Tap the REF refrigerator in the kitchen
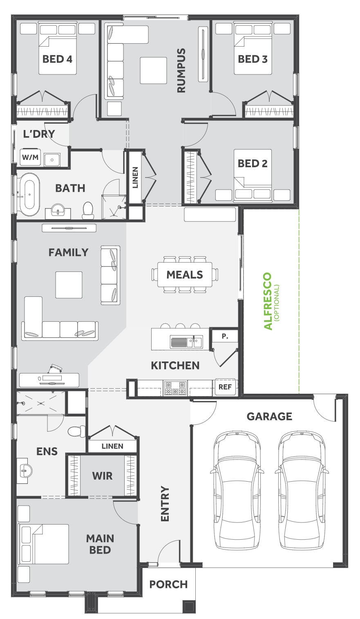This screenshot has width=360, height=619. click(225, 387)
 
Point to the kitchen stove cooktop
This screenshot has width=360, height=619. click(175, 388)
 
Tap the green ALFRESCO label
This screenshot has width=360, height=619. click(268, 301)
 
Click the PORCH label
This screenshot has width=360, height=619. click(168, 584)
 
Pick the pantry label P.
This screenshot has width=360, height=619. click(224, 336)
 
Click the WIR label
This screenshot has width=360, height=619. click(102, 476)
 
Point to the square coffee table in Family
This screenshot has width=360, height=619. click(69, 285)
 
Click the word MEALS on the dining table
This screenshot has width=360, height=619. click(185, 275)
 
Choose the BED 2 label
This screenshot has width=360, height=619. click(253, 164)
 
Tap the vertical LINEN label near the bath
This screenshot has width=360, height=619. click(135, 177)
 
